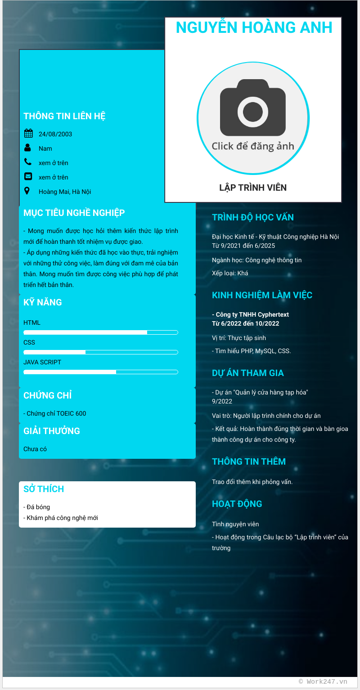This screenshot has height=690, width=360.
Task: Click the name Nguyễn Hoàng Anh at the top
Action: (254, 27)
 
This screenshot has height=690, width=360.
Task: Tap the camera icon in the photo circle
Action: (252, 108)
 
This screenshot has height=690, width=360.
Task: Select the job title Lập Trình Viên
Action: (253, 188)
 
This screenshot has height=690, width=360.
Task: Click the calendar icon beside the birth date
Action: (28, 133)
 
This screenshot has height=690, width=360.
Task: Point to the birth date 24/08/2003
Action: (55, 134)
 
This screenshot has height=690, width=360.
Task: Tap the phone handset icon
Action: (28, 162)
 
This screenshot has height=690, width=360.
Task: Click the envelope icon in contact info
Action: (28, 176)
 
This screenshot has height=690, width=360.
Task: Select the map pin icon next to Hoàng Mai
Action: (27, 191)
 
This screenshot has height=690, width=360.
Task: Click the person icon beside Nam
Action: (28, 148)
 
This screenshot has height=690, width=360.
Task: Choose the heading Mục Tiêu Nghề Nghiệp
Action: (74, 213)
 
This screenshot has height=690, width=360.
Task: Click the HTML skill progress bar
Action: (101, 332)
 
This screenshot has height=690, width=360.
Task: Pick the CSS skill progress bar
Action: (101, 352)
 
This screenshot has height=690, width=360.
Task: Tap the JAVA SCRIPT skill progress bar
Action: (101, 372)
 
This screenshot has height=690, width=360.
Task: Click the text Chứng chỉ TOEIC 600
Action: (55, 413)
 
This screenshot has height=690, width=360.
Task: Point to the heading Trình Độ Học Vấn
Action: (253, 217)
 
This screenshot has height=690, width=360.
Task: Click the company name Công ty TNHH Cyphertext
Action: (251, 314)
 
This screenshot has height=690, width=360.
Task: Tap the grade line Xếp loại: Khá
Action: (230, 273)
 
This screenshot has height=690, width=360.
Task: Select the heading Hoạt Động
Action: (237, 504)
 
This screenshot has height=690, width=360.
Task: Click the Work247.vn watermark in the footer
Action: (323, 681)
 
